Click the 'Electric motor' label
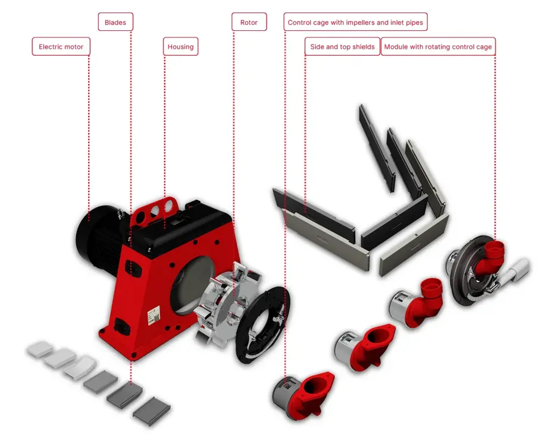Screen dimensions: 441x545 point(61,47)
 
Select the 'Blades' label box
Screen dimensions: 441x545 point(115,23)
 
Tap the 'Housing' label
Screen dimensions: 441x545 point(180,47)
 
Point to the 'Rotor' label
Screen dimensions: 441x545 point(249,23)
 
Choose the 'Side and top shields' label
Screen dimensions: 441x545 point(342,47)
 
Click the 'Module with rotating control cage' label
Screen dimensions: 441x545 point(438,47)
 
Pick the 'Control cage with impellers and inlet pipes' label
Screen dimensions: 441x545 point(355,23)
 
